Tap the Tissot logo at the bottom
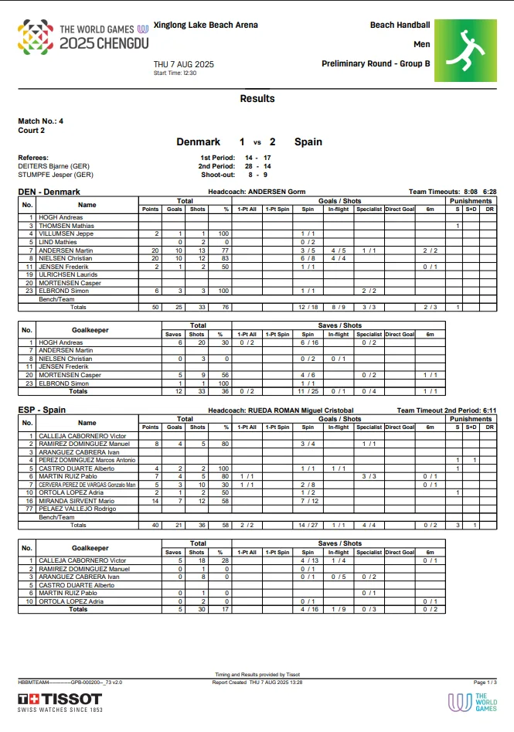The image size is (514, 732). pyautogui.click(x=60, y=701)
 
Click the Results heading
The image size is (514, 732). pyautogui.click(x=257, y=99)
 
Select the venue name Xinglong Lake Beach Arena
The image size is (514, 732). pyautogui.click(x=206, y=26)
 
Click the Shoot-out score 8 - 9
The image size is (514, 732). pyautogui.click(x=257, y=175)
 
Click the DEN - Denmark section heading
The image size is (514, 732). pyautogui.click(x=49, y=192)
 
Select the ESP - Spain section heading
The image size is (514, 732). pyautogui.click(x=42, y=410)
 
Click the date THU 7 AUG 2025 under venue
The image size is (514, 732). pyautogui.click(x=183, y=64)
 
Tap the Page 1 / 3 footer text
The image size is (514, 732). pyautogui.click(x=485, y=683)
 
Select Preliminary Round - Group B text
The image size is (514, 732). pyautogui.click(x=376, y=63)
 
